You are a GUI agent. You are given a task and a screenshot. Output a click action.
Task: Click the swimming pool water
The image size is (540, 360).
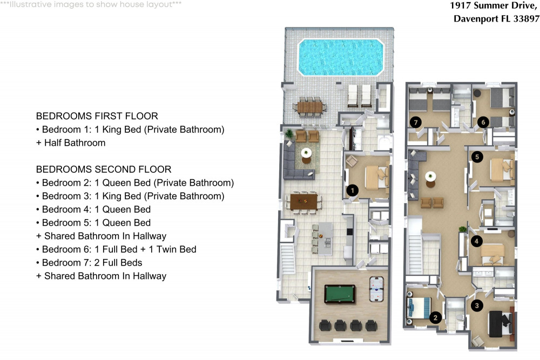click(340, 57)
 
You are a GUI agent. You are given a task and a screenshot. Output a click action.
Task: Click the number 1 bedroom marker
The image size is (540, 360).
click(352, 190)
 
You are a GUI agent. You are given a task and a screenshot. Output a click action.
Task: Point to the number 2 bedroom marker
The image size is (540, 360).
click(435, 317)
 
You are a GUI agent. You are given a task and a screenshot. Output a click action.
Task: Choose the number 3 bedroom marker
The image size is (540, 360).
click(476, 305)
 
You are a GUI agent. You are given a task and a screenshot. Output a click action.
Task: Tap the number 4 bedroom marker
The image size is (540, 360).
click(476, 241)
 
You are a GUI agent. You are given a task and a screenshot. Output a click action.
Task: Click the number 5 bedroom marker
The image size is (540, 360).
click(476, 157)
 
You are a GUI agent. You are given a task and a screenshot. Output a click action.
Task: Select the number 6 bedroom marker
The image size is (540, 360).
click(483, 123)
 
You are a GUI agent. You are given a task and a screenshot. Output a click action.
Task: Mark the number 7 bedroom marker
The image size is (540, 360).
click(415, 122)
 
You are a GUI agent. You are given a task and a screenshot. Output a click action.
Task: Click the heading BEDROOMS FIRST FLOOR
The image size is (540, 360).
click(97, 116)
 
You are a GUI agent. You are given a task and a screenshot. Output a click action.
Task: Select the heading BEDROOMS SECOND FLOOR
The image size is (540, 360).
click(103, 169)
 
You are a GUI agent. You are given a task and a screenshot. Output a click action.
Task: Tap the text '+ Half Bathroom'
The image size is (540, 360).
click(71, 143)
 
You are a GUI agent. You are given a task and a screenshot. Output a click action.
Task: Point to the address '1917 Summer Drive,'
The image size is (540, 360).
click(494, 6)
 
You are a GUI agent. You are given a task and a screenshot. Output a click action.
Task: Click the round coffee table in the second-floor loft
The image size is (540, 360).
click(430, 177)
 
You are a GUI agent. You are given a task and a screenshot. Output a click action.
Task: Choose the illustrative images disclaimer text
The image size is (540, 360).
click(91, 4)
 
